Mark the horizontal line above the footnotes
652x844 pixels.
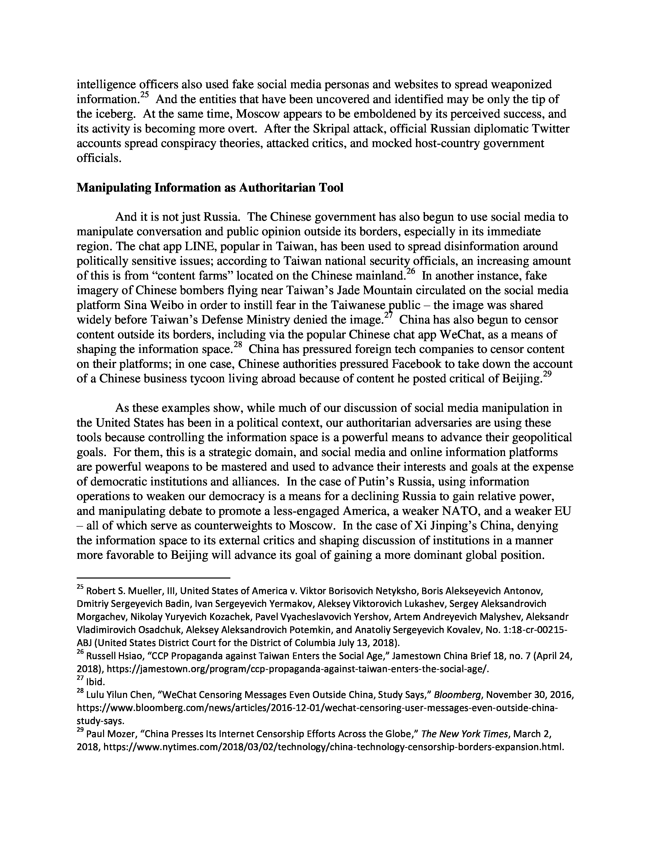coord(153,578)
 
